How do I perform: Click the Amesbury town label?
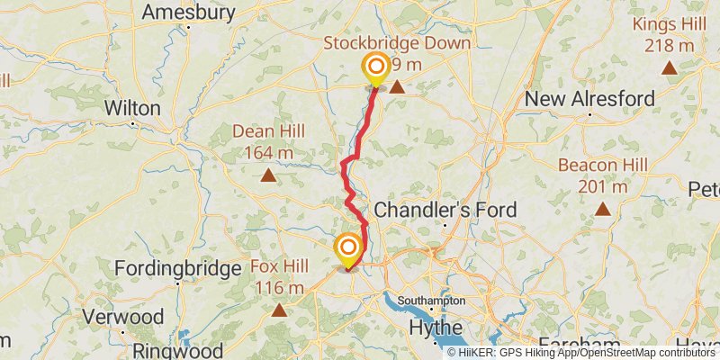(189, 13)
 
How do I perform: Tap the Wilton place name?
(132, 108)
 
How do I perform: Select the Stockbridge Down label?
(397, 43)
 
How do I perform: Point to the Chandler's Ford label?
(445, 210)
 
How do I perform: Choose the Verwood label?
(123, 317)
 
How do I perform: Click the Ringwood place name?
(179, 349)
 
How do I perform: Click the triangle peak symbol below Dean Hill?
(268, 175)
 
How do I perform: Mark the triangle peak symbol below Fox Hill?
(279, 310)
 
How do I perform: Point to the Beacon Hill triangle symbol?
(603, 210)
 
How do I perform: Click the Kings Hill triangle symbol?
(670, 67)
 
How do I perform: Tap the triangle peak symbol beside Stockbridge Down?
(396, 87)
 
